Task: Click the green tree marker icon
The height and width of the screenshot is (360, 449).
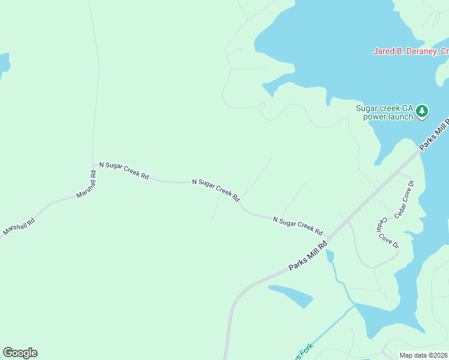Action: coord(423,110)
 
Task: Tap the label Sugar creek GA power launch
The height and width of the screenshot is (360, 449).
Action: coord(385,112)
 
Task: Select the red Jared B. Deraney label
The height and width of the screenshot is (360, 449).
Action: coord(411,52)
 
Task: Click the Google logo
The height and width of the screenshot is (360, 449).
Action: coord(20,353)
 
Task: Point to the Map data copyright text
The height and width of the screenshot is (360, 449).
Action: coord(424,355)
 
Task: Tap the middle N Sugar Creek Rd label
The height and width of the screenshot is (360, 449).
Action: coord(216,189)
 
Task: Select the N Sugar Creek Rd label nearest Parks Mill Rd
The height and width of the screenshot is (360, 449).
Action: coord(298,226)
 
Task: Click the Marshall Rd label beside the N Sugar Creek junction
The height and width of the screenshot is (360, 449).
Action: coord(86,185)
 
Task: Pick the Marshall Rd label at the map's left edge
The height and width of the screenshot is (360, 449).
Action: coord(18,226)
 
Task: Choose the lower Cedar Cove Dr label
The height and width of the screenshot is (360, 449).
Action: coord(387,232)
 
